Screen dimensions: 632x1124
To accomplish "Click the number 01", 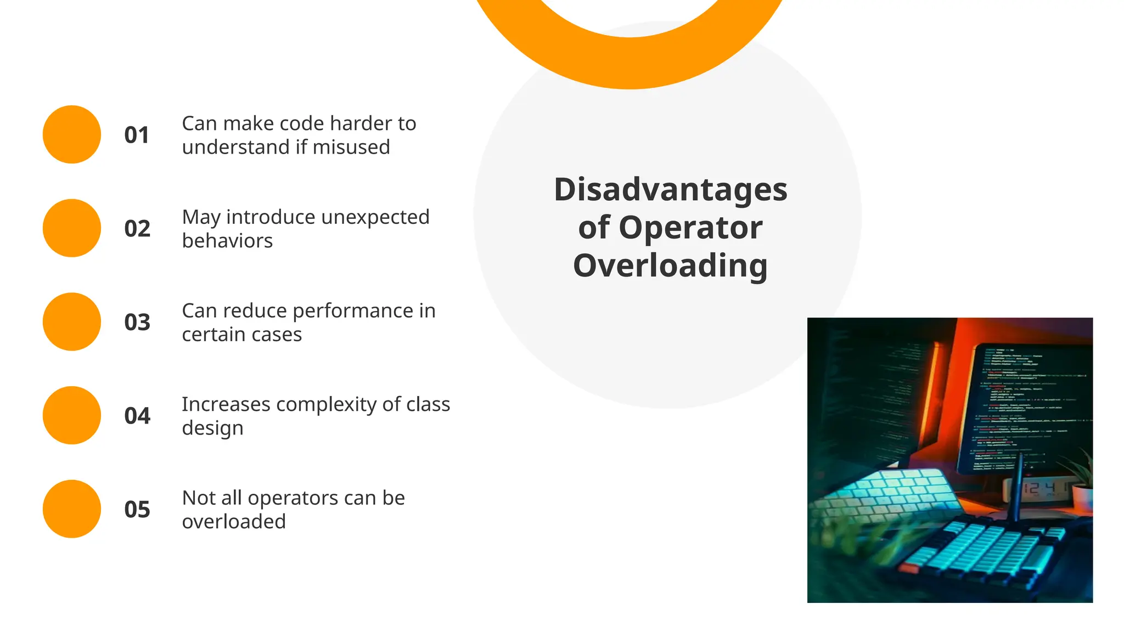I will (137, 135).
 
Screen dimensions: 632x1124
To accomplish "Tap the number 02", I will (137, 229).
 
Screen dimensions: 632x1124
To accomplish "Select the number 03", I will (137, 322).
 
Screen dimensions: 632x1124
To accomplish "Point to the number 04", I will (137, 416).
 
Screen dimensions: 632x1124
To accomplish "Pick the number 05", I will (137, 510).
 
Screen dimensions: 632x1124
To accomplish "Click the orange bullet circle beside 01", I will (72, 134).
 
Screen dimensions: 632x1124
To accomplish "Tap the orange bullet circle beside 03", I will (72, 321).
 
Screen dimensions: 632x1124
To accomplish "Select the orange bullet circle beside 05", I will (72, 509).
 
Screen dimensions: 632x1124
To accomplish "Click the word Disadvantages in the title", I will (670, 190).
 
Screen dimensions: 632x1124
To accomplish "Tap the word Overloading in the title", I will (670, 266).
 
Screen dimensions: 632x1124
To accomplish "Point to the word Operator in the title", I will (690, 228).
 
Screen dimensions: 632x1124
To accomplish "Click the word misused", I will (351, 147).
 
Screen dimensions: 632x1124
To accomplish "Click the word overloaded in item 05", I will (234, 522).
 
